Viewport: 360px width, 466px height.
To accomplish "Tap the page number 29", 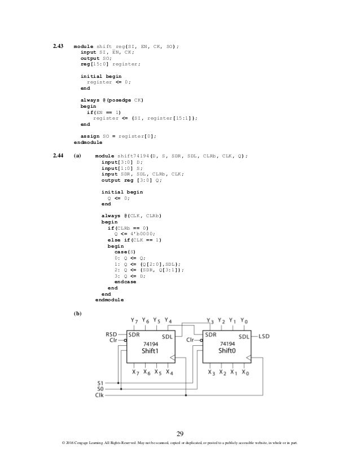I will (x=180, y=433).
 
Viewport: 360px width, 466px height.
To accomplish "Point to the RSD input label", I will (x=111, y=334).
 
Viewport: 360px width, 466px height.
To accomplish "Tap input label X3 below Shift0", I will (x=211, y=372).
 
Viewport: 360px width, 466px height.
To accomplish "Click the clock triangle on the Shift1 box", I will (x=173, y=358).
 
